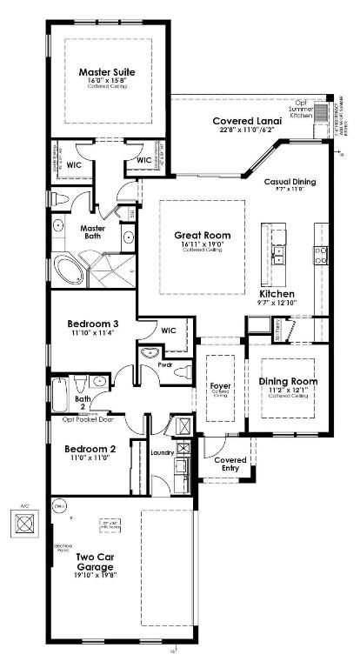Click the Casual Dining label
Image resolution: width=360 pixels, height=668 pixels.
click(x=290, y=182)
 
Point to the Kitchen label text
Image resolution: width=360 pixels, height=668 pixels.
click(x=277, y=294)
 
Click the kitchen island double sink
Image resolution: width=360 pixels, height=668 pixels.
click(x=279, y=253)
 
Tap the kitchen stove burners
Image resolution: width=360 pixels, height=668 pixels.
click(x=321, y=254)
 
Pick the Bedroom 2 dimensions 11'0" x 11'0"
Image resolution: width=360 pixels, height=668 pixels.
click(x=89, y=458)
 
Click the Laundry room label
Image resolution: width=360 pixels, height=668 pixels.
click(x=163, y=452)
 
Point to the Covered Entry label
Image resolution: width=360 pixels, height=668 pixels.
click(x=230, y=464)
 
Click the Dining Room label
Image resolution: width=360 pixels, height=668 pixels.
click(x=288, y=381)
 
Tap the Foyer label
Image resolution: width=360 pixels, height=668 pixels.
click(x=220, y=384)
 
